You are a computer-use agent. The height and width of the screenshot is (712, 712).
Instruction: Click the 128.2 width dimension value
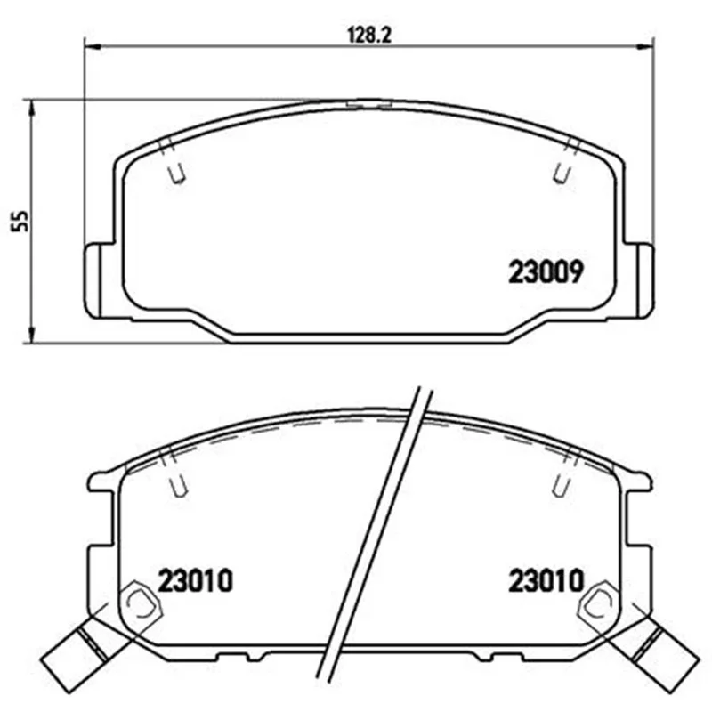coord(368,35)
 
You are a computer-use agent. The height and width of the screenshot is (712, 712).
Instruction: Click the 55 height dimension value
coord(20,221)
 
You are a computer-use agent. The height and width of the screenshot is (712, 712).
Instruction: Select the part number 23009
coord(546,272)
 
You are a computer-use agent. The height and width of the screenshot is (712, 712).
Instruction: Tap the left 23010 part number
coord(195,581)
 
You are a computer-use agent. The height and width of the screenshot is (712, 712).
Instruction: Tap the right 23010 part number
coord(546,581)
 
